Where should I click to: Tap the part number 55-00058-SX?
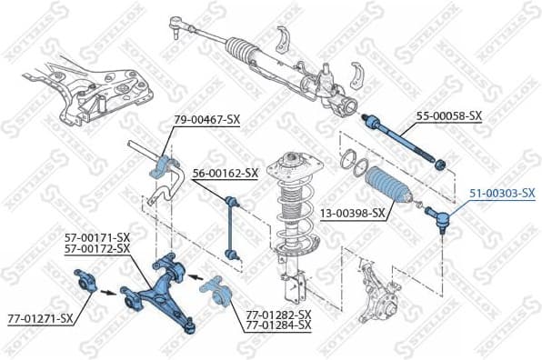point(449,115)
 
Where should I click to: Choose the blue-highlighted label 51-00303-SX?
point(502,193)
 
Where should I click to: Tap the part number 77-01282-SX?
point(278,314)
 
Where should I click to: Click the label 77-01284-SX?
point(278,325)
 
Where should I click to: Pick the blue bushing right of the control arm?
point(217,290)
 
